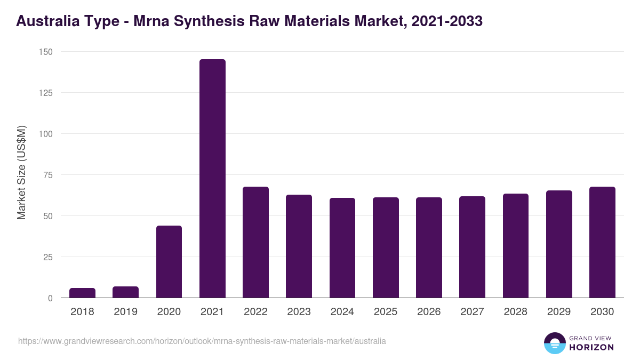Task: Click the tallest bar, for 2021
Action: pyautogui.click(x=212, y=179)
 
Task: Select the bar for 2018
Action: pyautogui.click(x=82, y=293)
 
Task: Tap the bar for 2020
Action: pyautogui.click(x=169, y=262)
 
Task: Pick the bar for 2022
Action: pyautogui.click(x=255, y=242)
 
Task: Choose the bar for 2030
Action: pyautogui.click(x=602, y=242)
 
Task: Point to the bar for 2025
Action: pyautogui.click(x=386, y=247)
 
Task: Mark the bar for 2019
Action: pyautogui.click(x=125, y=292)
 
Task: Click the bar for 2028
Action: pyautogui.click(x=516, y=246)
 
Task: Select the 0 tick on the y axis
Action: pyautogui.click(x=50, y=298)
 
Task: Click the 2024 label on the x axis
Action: pyautogui.click(x=342, y=312)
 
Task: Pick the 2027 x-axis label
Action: pyautogui.click(x=472, y=312)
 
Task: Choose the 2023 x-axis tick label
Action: pyautogui.click(x=299, y=312)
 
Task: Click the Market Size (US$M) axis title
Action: pyautogui.click(x=21, y=172)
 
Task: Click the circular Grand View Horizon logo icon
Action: pyautogui.click(x=554, y=343)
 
